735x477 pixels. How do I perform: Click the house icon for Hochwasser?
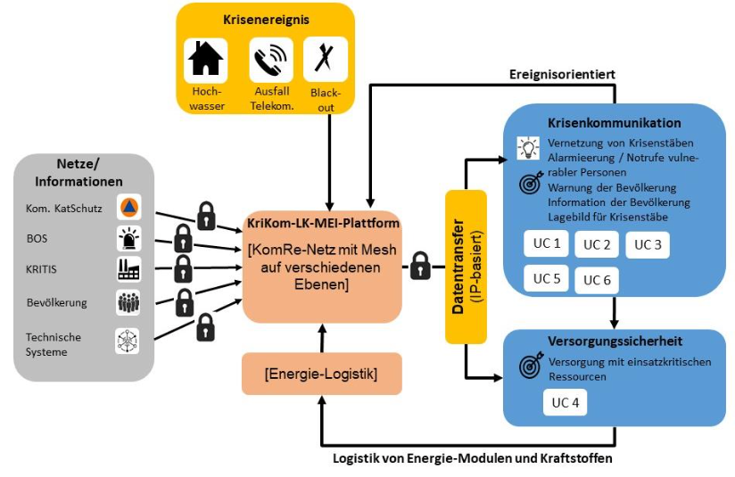click(206, 60)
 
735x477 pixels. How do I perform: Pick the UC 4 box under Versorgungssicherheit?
click(565, 402)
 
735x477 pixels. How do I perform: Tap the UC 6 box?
click(597, 280)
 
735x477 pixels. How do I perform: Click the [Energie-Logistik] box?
click(321, 374)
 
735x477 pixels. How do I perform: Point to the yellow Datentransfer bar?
click(466, 267)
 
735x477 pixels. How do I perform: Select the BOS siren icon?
click(128, 239)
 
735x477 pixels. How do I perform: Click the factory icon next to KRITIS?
click(128, 269)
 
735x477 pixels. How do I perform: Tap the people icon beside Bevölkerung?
click(128, 302)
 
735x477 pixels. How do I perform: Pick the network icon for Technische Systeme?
click(128, 341)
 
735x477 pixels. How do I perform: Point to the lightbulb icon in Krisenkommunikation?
click(527, 147)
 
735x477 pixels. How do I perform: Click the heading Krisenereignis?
click(265, 19)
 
